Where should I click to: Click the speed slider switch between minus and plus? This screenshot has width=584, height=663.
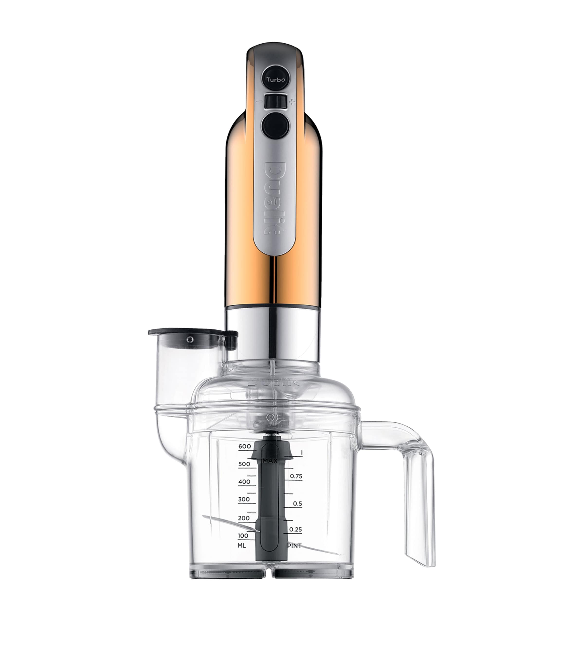[275, 101]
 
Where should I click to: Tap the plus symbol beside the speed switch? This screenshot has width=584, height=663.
[293, 103]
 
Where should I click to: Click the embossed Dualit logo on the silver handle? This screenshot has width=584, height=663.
[275, 198]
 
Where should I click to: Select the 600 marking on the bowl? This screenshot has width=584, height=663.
[245, 446]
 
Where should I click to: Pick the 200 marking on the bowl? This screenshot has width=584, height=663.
[244, 518]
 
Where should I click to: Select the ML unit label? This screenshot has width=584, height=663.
[242, 546]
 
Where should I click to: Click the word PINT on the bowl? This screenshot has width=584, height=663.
[295, 546]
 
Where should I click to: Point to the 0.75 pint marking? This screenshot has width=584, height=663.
[296, 476]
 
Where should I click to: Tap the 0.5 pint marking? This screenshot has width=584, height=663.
[297, 504]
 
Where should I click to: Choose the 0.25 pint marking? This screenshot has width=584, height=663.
[296, 529]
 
